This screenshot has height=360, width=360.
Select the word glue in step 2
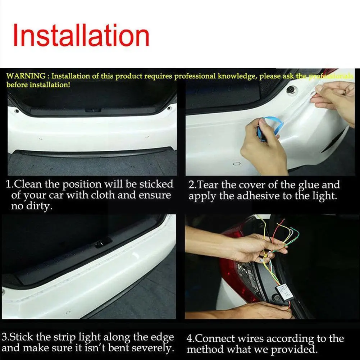point(309,185)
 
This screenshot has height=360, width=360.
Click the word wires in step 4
point(244,339)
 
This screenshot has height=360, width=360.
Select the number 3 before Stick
point(4,338)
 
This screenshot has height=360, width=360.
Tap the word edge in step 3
point(164,338)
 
